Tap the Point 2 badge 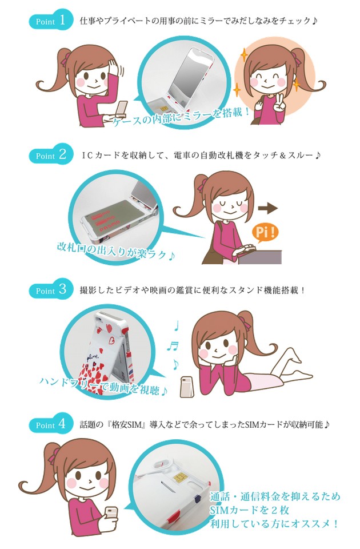(51, 154)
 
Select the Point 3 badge (51, 289)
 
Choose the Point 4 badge (51, 424)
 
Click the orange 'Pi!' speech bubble (265, 233)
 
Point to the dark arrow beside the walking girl (267, 208)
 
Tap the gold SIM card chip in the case (179, 478)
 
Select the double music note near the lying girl (172, 347)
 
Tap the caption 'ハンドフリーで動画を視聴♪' (103, 385)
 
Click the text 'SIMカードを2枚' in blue (250, 510)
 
